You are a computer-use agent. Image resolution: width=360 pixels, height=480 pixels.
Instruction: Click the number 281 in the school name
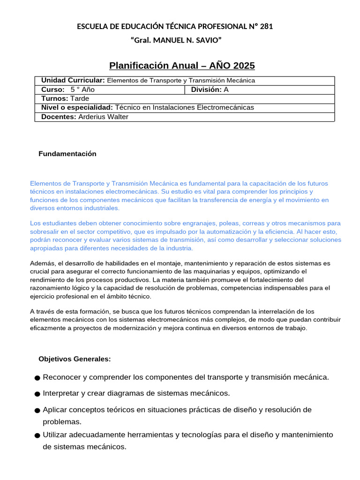[266, 26]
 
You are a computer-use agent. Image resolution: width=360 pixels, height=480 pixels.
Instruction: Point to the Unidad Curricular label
[73, 80]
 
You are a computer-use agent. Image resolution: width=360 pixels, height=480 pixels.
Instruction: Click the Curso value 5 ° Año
[82, 89]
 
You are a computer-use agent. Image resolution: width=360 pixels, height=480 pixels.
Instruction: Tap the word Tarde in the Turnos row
[80, 98]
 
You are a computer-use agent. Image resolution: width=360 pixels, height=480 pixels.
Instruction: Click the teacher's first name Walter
[117, 117]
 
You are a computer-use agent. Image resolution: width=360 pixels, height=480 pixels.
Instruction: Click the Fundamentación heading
[67, 154]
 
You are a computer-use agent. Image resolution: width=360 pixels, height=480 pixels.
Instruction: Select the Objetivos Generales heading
[75, 359]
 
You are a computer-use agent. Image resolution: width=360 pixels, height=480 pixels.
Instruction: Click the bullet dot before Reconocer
[37, 378]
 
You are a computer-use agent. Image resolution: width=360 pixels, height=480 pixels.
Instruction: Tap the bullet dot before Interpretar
[37, 394]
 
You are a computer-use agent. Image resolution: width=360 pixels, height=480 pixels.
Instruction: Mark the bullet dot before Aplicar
[37, 411]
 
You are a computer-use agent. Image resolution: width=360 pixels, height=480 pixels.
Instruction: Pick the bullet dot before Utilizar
[37, 435]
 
